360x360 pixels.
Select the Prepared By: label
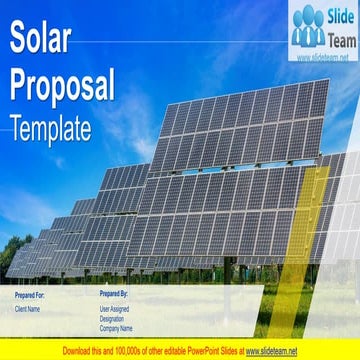click(x=116, y=296)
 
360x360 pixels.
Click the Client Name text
click(x=30, y=310)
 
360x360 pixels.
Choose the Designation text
click(x=113, y=319)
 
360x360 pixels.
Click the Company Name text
click(x=117, y=328)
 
